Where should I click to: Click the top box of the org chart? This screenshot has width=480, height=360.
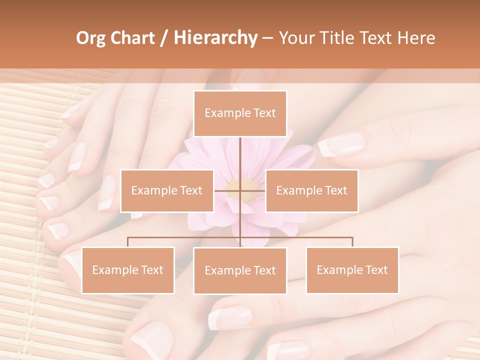240,113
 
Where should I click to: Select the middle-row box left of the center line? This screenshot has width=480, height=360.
166,190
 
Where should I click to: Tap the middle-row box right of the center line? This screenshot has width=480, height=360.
311,190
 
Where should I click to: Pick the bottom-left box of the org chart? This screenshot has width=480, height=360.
128,270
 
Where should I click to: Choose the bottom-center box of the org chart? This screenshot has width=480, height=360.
240,270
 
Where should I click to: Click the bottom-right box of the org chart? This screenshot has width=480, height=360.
352,270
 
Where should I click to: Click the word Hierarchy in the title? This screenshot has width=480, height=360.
215,38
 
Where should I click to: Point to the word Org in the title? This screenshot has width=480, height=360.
91,38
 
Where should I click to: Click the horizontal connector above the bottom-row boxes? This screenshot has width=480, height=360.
185,237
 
